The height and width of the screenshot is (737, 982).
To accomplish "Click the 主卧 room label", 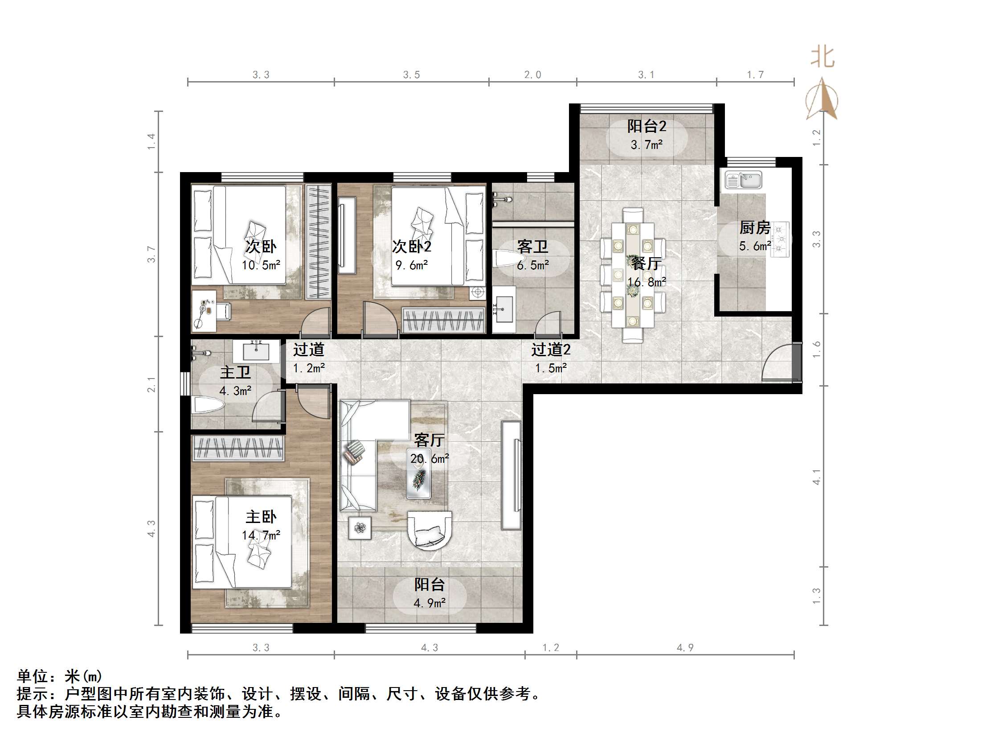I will [261, 517].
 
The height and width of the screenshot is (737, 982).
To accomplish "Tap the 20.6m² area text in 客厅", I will [430, 458].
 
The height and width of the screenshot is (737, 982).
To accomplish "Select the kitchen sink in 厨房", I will [743, 181].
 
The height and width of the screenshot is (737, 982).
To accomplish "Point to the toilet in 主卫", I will [208, 406].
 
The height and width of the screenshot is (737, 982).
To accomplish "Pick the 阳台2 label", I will [646, 127].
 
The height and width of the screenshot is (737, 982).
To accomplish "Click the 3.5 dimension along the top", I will [411, 75].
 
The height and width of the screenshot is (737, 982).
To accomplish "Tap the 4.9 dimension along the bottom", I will [685, 647].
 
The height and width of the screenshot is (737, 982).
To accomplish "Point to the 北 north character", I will [822, 58].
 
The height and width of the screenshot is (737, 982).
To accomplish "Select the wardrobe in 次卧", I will [318, 242].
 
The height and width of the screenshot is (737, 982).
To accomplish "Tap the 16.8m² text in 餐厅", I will [646, 282].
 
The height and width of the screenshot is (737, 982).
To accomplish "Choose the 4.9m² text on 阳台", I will [430, 603].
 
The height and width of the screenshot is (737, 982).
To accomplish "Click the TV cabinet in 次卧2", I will [347, 239].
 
